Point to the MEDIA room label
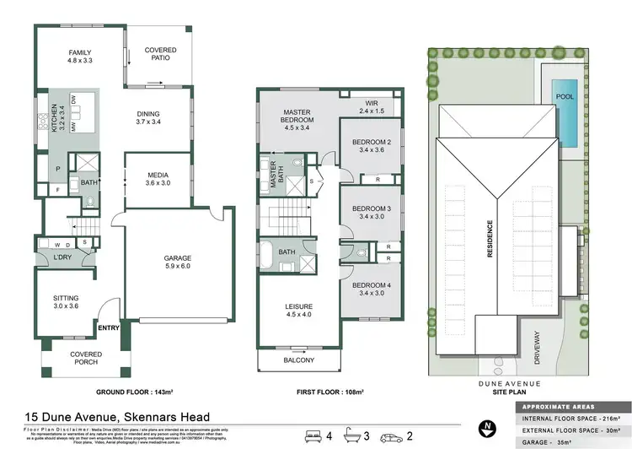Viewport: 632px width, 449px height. click(x=158, y=177)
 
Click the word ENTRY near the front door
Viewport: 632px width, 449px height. click(x=109, y=328)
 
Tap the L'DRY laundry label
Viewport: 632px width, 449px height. click(x=62, y=256)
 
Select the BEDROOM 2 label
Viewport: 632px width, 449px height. click(x=372, y=144)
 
